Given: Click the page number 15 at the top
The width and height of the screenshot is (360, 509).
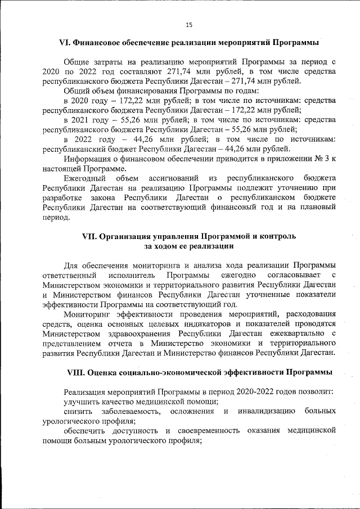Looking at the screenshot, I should [189, 24].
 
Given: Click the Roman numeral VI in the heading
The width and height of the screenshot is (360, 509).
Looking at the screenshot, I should [65, 43].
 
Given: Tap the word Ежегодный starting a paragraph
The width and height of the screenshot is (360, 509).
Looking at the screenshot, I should [85, 178].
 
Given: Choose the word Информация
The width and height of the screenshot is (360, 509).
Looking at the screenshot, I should [88, 158].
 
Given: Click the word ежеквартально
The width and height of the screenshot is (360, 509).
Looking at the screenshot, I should [294, 333].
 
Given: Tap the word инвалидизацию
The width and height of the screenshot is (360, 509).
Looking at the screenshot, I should [267, 411].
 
